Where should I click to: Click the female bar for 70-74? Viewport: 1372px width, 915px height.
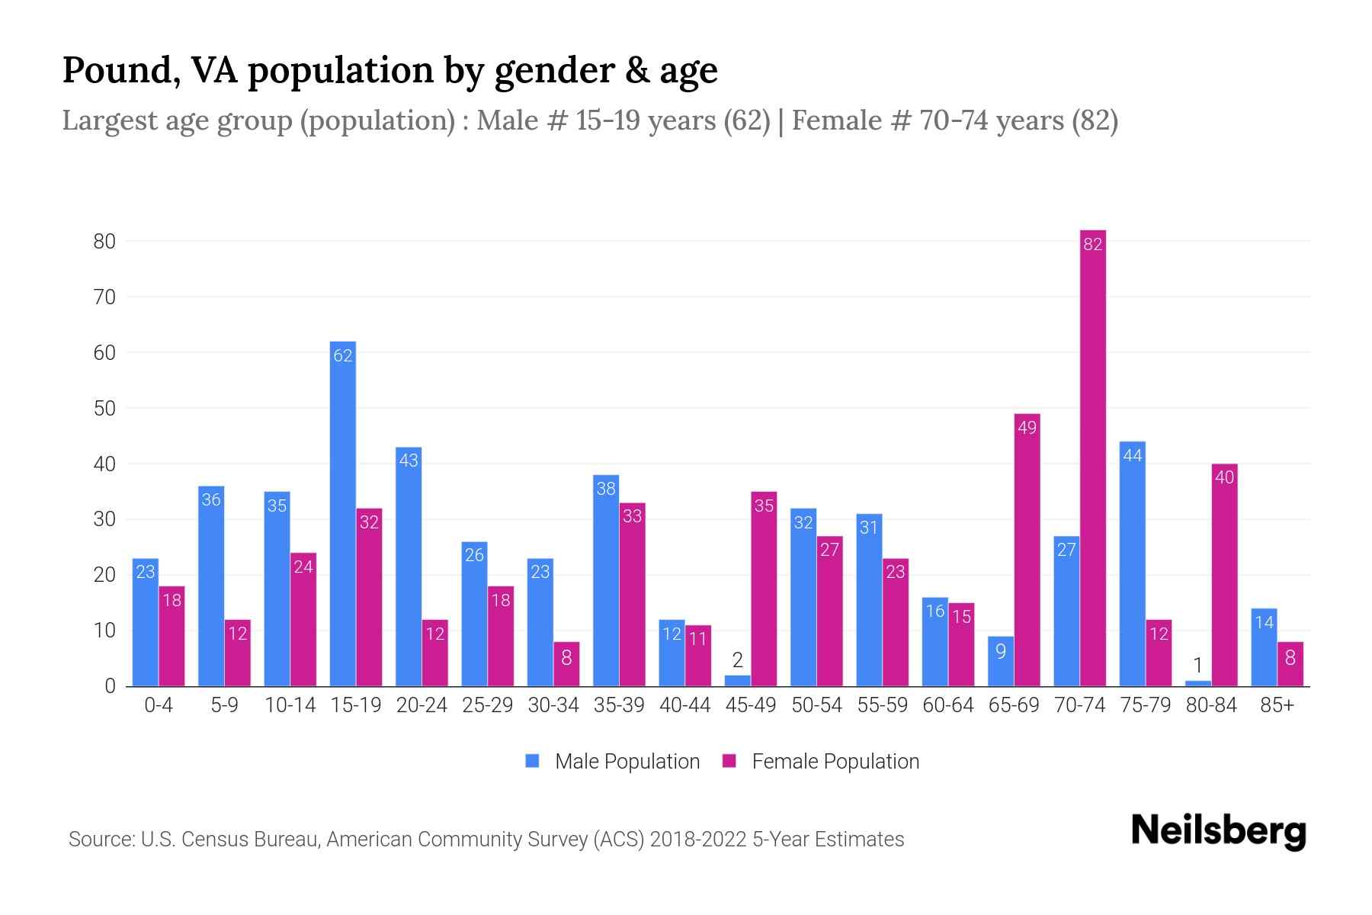pos(1092,457)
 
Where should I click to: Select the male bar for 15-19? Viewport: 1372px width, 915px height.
pos(342,515)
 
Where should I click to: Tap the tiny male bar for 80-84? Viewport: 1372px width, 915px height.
pos(1197,683)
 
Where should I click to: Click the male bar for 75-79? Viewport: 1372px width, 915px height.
pos(1132,564)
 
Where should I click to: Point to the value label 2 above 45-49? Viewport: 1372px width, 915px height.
pos(737,660)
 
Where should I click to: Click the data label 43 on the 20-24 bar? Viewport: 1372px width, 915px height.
pos(409,461)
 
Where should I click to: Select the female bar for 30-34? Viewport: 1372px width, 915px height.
pos(566,664)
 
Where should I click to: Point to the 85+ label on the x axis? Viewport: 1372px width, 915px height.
pos(1277,705)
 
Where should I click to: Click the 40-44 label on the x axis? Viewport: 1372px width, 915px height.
pos(684,705)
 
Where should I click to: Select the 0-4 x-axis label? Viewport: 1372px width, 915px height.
pos(159,705)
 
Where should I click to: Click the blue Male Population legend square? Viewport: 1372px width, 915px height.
pos(532,761)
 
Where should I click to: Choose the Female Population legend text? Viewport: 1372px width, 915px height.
pos(835,761)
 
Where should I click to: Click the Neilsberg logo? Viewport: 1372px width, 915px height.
pos(1218,831)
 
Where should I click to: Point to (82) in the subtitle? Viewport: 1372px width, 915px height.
pos(1095,120)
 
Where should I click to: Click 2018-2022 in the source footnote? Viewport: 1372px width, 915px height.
pos(698,840)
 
